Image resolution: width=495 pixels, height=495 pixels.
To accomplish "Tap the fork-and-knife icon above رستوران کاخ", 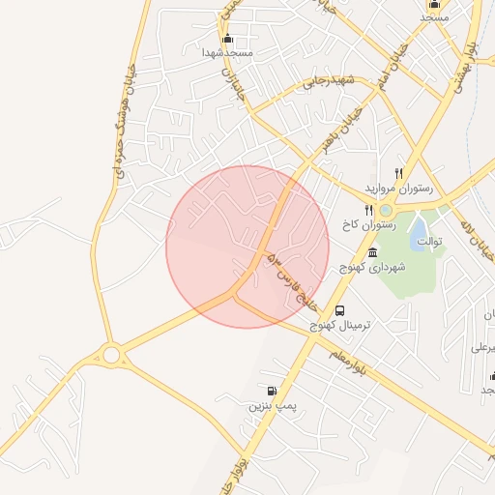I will pyautogui.click(x=368, y=210).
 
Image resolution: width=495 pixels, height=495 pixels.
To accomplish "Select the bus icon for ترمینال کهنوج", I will pyautogui.click(x=339, y=310).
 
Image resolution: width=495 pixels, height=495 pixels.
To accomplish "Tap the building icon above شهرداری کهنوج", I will pyautogui.click(x=372, y=251).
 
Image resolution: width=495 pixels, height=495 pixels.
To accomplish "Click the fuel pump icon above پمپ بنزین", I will pyautogui.click(x=271, y=392).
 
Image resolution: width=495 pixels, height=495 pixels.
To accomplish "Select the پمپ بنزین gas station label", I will pyautogui.click(x=271, y=406).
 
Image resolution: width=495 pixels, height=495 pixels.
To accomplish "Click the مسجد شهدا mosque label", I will pyautogui.click(x=228, y=53).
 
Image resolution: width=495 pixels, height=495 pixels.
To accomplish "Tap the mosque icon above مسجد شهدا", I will pyautogui.click(x=228, y=40).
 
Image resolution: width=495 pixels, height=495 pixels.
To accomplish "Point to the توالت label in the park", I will pyautogui.click(x=429, y=242).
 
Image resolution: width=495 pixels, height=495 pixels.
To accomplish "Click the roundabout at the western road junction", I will pyautogui.click(x=111, y=356).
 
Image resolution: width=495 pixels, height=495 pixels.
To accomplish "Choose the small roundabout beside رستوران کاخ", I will pyautogui.click(x=386, y=210).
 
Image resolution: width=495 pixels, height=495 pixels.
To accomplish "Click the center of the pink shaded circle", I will pyautogui.click(x=247, y=247).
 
